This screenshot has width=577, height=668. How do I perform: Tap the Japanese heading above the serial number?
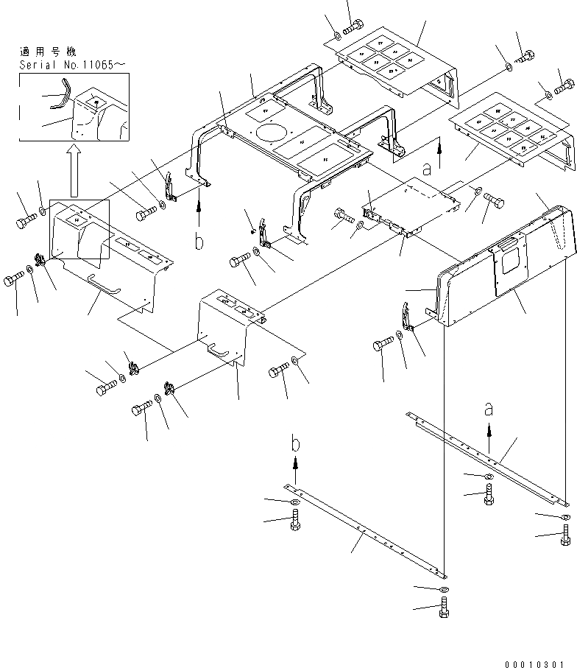pyautogui.click(x=49, y=52)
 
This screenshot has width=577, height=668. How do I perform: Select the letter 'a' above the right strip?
pyautogui.click(x=487, y=407)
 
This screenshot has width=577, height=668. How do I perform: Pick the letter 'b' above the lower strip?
pyautogui.click(x=295, y=443)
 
